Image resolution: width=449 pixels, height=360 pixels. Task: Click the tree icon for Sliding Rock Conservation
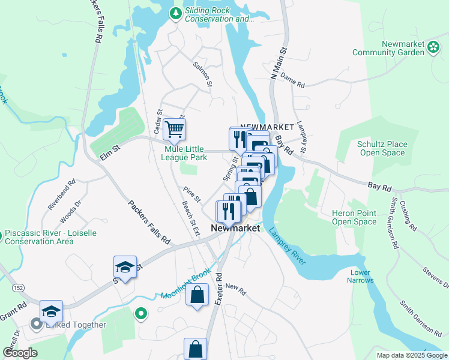(x=175, y=13)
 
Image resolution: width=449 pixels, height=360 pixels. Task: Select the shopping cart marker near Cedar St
(x=174, y=128)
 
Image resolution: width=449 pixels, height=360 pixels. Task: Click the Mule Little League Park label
(x=186, y=153)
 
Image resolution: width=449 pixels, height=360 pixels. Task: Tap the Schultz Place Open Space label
(x=382, y=149)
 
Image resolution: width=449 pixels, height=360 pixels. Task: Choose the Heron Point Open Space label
(x=354, y=217)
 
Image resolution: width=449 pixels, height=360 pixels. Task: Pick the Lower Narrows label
(x=361, y=276)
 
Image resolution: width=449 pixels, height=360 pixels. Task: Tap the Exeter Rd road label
(x=219, y=288)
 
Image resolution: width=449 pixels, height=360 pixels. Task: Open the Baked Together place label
(x=76, y=325)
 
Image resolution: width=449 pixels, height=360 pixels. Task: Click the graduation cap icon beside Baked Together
(x=52, y=311)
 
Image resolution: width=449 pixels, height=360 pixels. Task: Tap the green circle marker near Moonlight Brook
(x=141, y=313)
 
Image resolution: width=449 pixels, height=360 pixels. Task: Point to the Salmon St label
(x=203, y=74)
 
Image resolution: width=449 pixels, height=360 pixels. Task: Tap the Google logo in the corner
(x=20, y=353)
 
